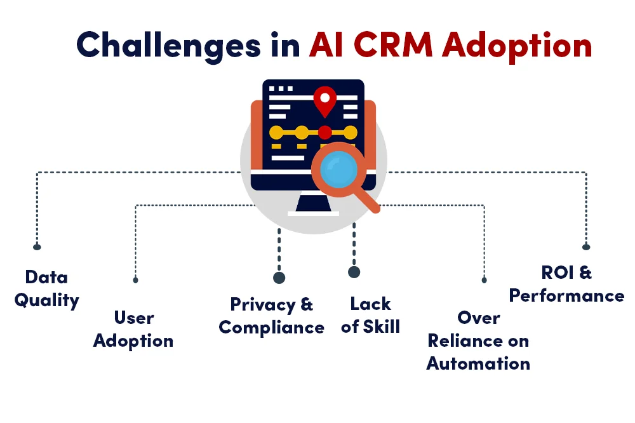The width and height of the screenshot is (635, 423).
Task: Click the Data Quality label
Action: coord(46,288)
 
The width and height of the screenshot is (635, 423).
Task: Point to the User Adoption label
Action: coord(133,329)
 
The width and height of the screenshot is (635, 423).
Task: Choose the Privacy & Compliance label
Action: coord(272,316)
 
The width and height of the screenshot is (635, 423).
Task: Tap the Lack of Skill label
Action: coord(370,316)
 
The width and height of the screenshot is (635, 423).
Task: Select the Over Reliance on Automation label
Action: coord(479,341)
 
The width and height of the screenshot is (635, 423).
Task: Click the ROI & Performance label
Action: coord(566,285)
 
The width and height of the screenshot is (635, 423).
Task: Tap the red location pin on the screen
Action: coord(325,101)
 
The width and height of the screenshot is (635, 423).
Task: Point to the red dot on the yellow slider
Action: coord(325,133)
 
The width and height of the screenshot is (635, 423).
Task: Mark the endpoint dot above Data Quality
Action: coord(37,246)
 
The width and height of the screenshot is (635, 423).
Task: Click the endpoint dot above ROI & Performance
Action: coord(586,246)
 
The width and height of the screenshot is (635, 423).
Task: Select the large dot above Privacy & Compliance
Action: coord(279,278)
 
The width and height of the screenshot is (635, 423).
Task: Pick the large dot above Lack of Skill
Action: coord(354,272)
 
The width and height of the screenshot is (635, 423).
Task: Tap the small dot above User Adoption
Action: coord(135,279)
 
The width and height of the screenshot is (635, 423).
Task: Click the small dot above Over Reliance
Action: coord(484,279)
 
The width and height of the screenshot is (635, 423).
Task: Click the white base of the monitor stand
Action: coord(313,213)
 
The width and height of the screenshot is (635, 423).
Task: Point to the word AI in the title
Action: coord(329,45)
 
